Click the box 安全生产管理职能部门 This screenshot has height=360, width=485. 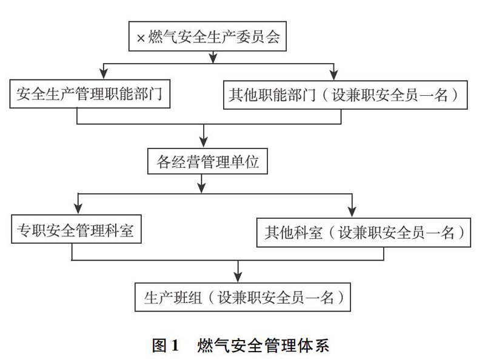click(90, 94)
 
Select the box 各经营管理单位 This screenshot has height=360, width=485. click(207, 161)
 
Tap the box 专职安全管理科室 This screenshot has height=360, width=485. click(76, 229)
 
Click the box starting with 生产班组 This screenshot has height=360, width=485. click(242, 297)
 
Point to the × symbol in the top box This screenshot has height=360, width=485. click(141, 38)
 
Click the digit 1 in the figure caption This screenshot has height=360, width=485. click(175, 345)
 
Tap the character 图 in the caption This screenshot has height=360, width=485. click(159, 345)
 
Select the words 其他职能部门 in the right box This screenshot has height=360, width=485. click(272, 95)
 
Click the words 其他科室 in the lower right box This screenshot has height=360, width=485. click(293, 233)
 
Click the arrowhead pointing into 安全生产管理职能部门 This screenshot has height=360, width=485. click(104, 73)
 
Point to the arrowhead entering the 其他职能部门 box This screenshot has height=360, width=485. click(333, 75)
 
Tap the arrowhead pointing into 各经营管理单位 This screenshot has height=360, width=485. click(203, 142)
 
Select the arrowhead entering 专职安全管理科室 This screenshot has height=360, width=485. click(78, 208)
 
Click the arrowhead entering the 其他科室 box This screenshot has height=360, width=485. click(352, 212)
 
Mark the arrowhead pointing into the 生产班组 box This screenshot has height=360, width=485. click(238, 276)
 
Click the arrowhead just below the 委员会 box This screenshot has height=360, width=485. click(213, 58)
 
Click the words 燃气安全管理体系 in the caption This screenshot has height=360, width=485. click(263, 345)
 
